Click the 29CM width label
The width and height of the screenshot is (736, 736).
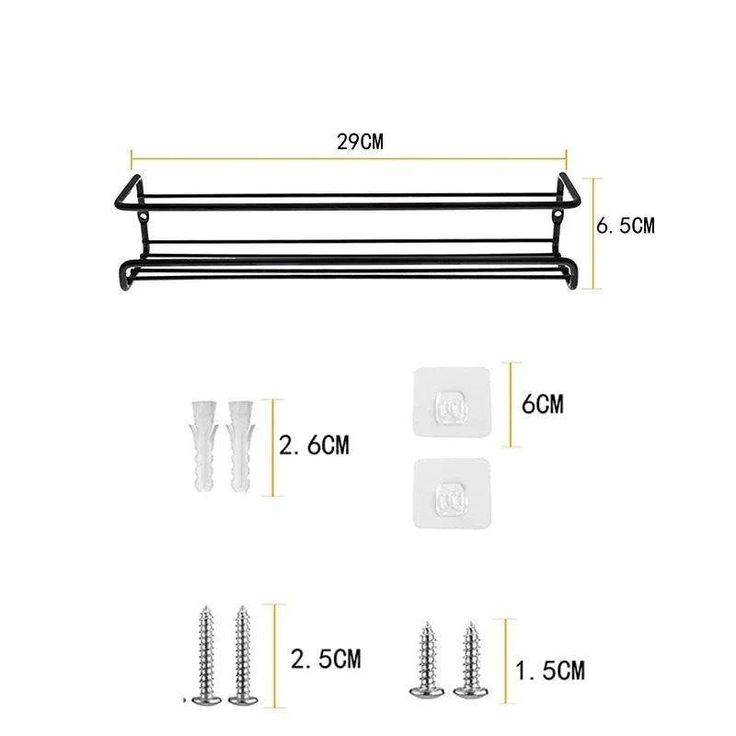(360, 142)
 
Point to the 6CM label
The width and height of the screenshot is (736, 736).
(542, 404)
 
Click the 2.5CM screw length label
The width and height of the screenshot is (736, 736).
(325, 659)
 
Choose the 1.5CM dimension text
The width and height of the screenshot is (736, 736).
(549, 672)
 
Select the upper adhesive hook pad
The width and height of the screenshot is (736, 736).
(452, 404)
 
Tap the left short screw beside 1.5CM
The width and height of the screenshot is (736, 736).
(427, 659)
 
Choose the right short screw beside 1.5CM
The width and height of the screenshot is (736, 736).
(472, 659)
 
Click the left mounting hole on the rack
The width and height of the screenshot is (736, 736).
(145, 217)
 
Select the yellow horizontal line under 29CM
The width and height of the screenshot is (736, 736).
(349, 158)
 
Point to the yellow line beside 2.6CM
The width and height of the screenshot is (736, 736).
(272, 447)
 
